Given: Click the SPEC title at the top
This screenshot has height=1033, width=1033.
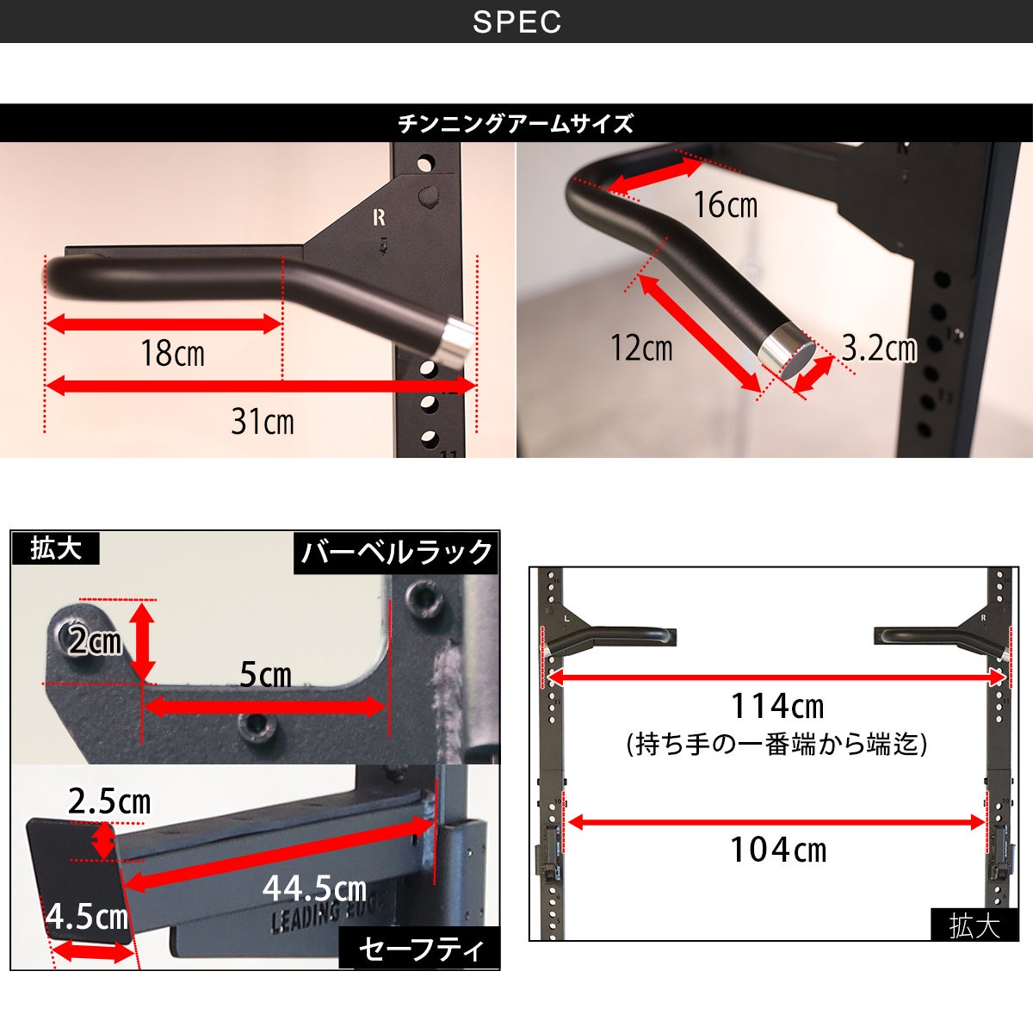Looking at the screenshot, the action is pyautogui.click(x=516, y=22).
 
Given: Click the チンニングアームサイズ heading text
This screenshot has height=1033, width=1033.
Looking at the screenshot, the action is pyautogui.click(x=516, y=123).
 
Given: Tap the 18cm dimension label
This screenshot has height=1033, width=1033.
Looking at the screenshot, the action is pyautogui.click(x=173, y=353).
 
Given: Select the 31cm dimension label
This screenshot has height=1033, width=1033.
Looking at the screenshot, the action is pyautogui.click(x=263, y=421).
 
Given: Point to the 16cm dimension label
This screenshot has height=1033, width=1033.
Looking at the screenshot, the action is pyautogui.click(x=726, y=205).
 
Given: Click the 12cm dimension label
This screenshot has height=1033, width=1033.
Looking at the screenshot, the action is pyautogui.click(x=641, y=348).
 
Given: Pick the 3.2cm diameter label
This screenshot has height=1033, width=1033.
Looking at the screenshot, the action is pyautogui.click(x=879, y=348).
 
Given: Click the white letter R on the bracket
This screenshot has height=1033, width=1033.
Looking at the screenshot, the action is pyautogui.click(x=379, y=217).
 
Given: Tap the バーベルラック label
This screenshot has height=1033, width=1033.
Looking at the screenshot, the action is pyautogui.click(x=396, y=552).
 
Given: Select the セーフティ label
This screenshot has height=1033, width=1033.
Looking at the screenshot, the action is pyautogui.click(x=420, y=949).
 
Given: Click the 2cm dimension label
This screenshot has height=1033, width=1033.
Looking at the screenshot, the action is pyautogui.click(x=96, y=640).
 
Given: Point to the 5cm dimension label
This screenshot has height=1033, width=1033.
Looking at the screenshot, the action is pyautogui.click(x=265, y=674).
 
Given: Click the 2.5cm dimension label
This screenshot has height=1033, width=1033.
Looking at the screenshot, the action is pyautogui.click(x=109, y=801).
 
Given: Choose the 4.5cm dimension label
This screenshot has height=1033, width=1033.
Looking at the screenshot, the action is pyautogui.click(x=87, y=916).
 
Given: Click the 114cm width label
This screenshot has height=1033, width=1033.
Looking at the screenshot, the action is pyautogui.click(x=777, y=706).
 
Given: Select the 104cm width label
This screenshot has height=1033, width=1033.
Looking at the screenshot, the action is pyautogui.click(x=778, y=850).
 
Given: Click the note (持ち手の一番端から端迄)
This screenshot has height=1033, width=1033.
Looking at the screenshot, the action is pyautogui.click(x=776, y=745).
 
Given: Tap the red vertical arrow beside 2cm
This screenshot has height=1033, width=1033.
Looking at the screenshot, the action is pyautogui.click(x=142, y=641).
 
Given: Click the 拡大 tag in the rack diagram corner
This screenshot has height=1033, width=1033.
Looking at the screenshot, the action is pyautogui.click(x=974, y=925).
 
